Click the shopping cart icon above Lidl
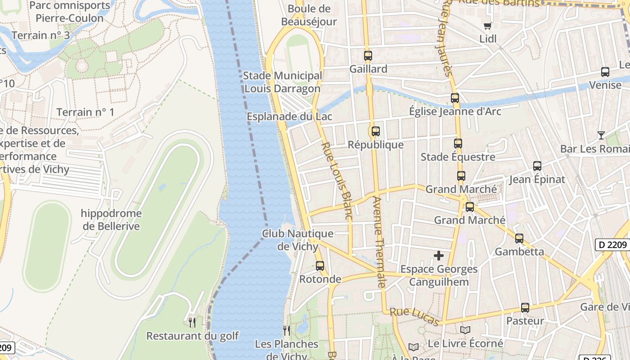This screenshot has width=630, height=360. coord(487,26)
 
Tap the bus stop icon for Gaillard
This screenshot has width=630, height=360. coord(368,56)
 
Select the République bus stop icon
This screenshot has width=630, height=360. coord(375,131)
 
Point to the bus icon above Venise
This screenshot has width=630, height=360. coord(605,72)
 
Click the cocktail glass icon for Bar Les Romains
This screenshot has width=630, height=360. coord(601,135)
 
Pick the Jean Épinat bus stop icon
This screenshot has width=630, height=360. coord(537,166)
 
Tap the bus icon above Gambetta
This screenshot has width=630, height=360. coord(519,238)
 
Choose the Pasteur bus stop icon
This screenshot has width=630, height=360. coord(525,308)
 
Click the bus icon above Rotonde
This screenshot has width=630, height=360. coord(320,265)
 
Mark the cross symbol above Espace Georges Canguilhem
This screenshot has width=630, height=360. coord(439,256)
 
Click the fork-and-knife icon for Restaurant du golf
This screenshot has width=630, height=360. coord(192,322)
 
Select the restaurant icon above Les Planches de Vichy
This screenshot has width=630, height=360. coord(286,331)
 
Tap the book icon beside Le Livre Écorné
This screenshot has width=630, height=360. coord(465,330)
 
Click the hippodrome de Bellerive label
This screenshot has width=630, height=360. coord(111,220)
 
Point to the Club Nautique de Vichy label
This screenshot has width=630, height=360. coord(297,240)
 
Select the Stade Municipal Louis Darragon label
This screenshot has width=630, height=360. coord(282,82)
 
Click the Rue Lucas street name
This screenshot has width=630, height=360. coord(414,317)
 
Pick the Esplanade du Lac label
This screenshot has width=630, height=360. coord(289,117)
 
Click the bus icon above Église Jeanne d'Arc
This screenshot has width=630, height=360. coord(455,98)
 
